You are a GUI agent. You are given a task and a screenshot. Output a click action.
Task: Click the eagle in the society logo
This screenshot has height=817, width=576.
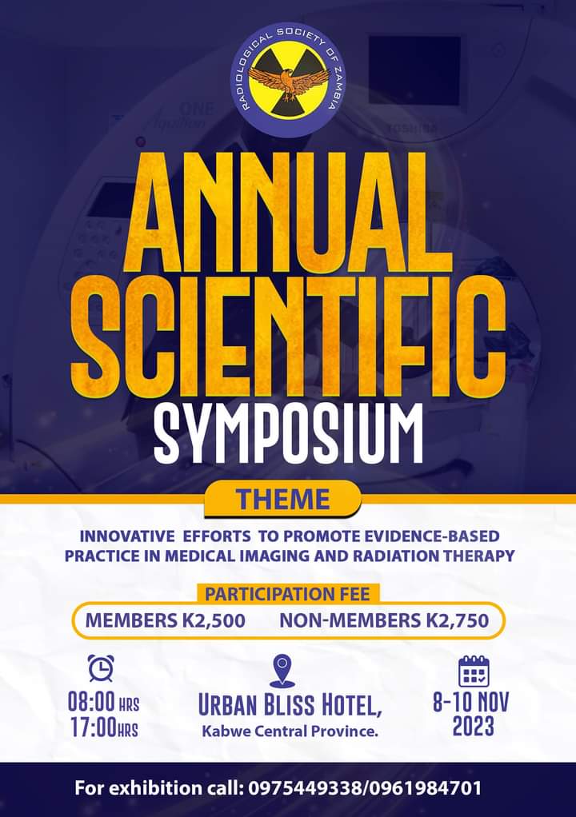click(288, 82)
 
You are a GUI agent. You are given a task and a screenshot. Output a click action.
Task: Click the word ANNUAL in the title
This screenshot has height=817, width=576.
click(286, 213)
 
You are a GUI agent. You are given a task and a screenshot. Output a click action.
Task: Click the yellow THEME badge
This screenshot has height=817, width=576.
click(282, 499)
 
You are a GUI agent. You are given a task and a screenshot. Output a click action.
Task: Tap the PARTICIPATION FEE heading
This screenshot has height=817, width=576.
click(287, 593)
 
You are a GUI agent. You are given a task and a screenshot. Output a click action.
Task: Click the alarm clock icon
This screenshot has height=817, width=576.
click(101, 668)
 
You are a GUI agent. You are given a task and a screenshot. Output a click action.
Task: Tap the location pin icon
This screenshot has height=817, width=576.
click(282, 671)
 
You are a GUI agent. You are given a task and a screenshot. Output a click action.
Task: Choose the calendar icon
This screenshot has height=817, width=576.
click(474, 672)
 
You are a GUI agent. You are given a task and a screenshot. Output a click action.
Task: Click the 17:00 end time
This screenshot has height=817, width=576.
click(93, 727)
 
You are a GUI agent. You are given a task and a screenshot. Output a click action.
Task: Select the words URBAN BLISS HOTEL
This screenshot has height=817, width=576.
click(290, 706)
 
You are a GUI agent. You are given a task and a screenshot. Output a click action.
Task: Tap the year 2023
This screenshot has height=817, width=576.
click(473, 727)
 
